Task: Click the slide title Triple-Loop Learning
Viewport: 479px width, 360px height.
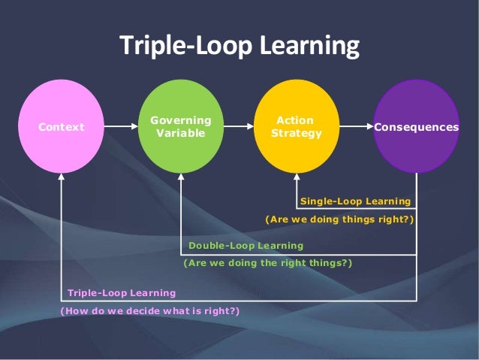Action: (239, 47)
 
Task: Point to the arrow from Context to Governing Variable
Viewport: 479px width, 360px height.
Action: (121, 127)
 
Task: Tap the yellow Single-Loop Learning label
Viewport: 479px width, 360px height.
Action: (355, 201)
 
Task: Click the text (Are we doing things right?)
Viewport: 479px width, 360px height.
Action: (339, 219)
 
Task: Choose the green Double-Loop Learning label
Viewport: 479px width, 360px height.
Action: (246, 246)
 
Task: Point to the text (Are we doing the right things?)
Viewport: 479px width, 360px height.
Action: (267, 263)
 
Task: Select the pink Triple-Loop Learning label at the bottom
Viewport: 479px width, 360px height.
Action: (122, 292)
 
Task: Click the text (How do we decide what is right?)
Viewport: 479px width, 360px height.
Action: (149, 310)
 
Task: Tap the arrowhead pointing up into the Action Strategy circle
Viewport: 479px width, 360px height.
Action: (297, 179)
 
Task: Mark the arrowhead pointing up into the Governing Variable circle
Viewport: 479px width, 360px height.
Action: (180, 179)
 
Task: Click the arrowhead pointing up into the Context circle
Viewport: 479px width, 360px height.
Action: (62, 179)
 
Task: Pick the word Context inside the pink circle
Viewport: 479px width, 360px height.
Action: (62, 127)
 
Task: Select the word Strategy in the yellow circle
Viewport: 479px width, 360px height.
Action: (296, 134)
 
